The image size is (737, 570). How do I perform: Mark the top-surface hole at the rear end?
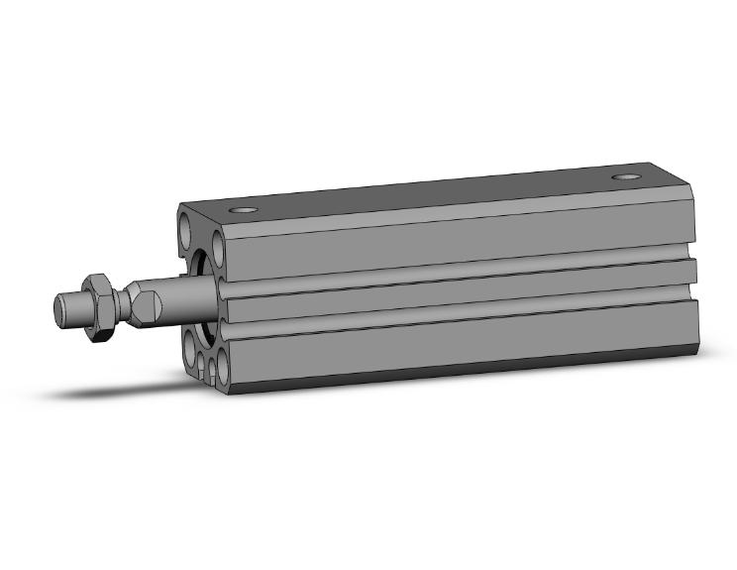(624, 178)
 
